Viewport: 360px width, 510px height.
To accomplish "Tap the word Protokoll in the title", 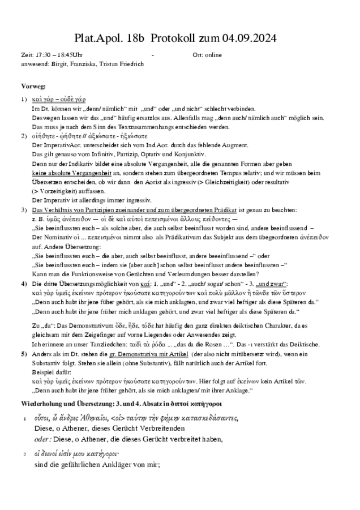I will click(x=169, y=38).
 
